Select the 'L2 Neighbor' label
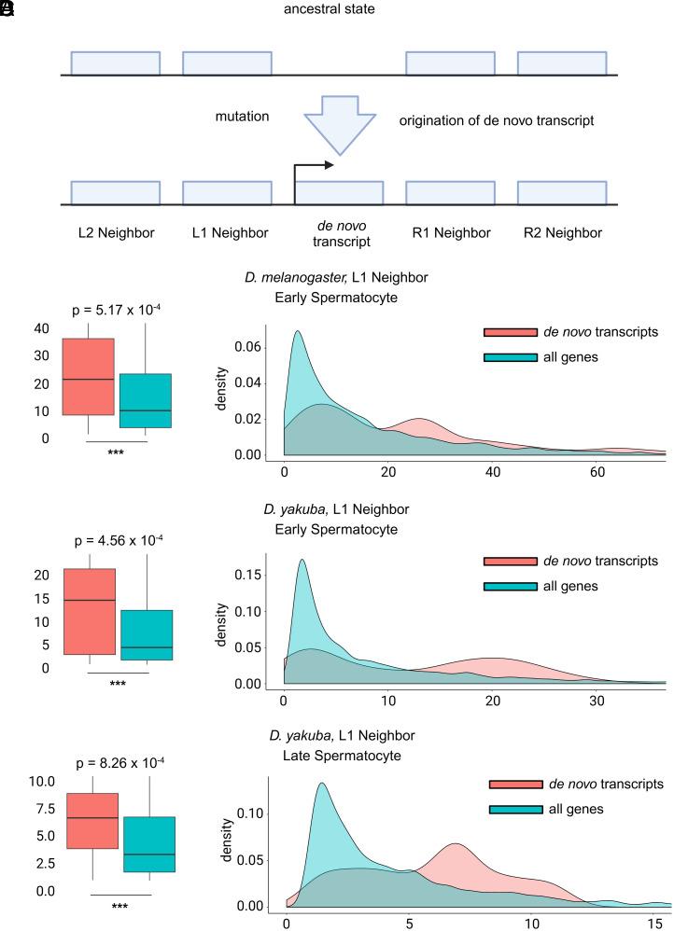click(x=114, y=232)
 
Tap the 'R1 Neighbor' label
click(x=449, y=232)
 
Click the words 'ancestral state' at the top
click(x=337, y=10)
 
